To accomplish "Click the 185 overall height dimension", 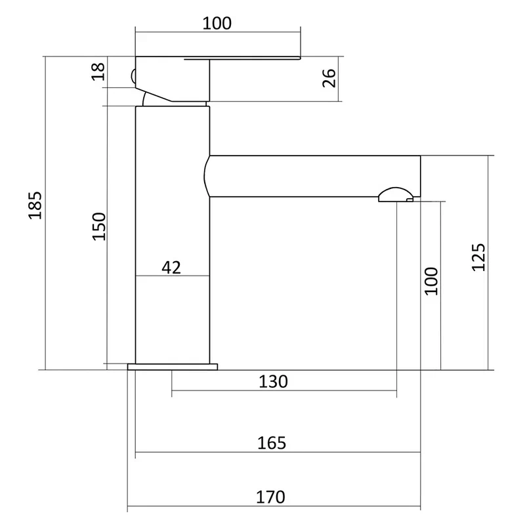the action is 35,205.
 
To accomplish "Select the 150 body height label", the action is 99,226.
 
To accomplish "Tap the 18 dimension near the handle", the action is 98,72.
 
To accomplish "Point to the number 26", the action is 329,78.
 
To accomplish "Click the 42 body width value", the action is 171,267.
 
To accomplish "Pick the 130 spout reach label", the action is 273,381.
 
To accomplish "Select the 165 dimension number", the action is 272,443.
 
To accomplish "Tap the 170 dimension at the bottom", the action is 270,497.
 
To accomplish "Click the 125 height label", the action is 478,257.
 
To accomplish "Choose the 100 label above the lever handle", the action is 217,24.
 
